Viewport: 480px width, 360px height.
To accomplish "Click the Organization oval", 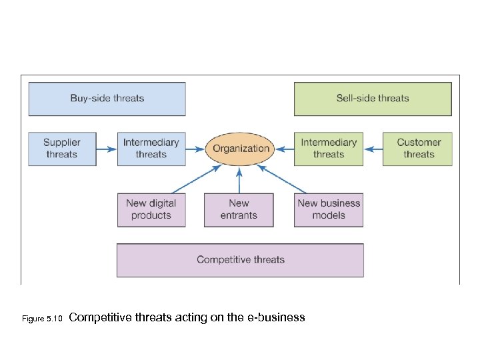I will click(x=241, y=149).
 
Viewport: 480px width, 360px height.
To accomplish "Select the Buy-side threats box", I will click(x=107, y=99).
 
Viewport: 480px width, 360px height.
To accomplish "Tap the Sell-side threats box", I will click(x=373, y=99).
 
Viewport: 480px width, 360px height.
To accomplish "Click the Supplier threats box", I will click(x=62, y=149).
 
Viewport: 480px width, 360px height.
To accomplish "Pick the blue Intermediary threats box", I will click(x=151, y=149).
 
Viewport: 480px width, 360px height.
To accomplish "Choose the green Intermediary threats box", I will click(x=329, y=149).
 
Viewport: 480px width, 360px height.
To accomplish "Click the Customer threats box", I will click(x=418, y=149).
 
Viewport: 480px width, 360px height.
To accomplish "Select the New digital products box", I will click(x=151, y=209).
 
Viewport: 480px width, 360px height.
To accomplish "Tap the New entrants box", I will click(x=239, y=209).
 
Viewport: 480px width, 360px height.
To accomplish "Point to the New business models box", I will click(x=329, y=209).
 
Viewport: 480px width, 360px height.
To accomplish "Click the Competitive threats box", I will click(x=240, y=260).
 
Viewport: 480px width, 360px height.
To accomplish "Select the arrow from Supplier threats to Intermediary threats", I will click(x=107, y=149).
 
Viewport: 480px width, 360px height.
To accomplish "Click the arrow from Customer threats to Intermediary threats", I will click(x=373, y=149).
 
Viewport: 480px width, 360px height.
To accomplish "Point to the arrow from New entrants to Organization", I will click(x=239, y=180).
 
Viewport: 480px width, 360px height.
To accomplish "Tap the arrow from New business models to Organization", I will click(x=282, y=179).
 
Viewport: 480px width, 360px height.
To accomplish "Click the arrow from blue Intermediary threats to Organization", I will click(x=195, y=149).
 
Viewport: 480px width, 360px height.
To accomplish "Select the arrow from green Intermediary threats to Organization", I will click(x=285, y=149).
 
